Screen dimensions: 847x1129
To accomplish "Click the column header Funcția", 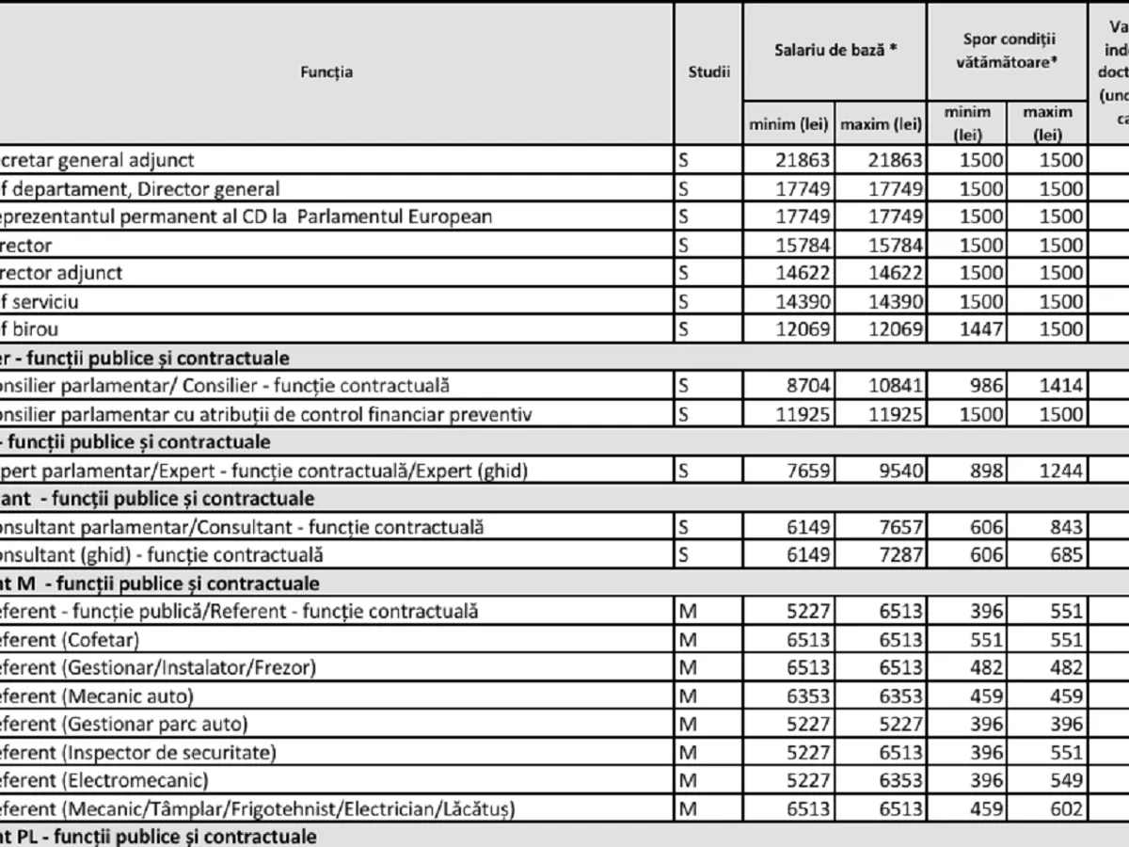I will (x=327, y=72).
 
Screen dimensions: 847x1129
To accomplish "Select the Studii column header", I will (x=708, y=72).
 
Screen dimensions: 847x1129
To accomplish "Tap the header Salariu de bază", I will (x=835, y=51).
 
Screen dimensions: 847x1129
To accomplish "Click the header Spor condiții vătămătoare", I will (x=1008, y=51).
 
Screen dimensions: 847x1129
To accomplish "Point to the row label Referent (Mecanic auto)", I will (x=94, y=696).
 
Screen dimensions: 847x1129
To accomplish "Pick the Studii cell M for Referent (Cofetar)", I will (x=688, y=640).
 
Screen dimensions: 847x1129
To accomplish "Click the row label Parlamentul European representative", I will (x=245, y=216).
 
